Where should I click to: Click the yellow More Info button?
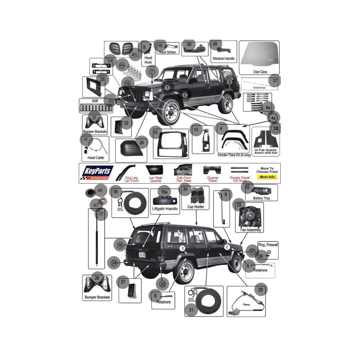(267, 177)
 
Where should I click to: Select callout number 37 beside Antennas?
(275, 81)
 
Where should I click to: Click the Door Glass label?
(260, 72)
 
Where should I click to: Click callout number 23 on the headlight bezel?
(102, 80)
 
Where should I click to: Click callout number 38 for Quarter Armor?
(276, 128)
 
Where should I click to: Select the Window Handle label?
(224, 58)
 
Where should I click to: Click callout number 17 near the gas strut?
(101, 215)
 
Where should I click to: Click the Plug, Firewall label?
(268, 244)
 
